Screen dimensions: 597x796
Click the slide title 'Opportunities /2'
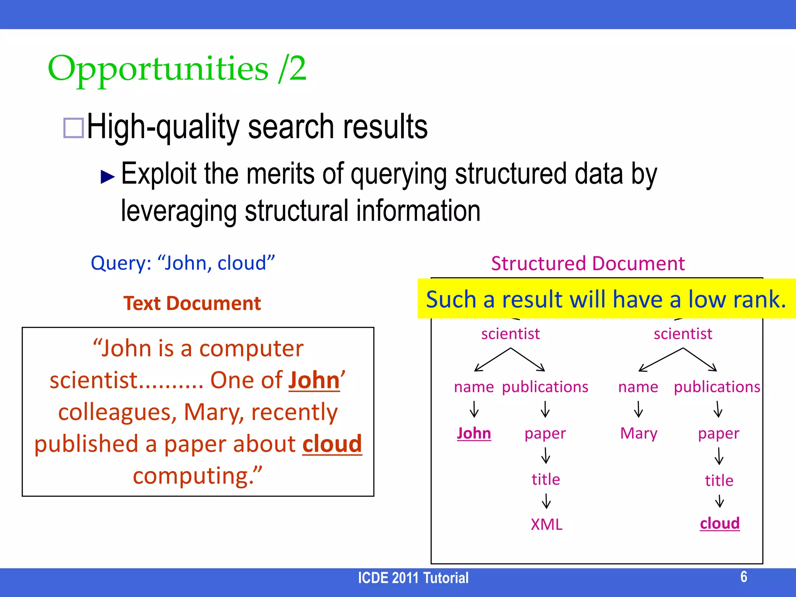pos(177,69)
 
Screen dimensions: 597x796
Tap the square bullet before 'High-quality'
pos(73,128)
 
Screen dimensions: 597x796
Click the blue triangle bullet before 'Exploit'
pos(107,176)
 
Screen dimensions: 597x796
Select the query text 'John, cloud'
pos(216,263)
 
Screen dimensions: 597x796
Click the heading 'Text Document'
pos(192,303)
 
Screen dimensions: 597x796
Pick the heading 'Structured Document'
pos(588,264)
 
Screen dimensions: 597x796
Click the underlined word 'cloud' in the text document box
pos(332,444)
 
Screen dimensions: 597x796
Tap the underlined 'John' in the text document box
pos(314,380)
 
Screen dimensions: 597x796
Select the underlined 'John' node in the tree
pos(474,433)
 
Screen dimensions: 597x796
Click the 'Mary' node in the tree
pos(639,433)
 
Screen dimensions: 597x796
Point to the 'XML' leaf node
pos(546,525)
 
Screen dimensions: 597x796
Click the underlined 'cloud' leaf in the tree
pos(719,523)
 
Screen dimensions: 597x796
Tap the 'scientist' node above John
pos(510,334)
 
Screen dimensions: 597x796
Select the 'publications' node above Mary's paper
pos(717,387)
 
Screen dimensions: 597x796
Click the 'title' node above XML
pos(546,480)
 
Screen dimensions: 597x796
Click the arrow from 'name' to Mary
pos(639,409)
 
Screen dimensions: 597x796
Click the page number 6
pos(744,577)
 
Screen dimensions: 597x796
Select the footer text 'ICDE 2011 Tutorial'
pos(413,578)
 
